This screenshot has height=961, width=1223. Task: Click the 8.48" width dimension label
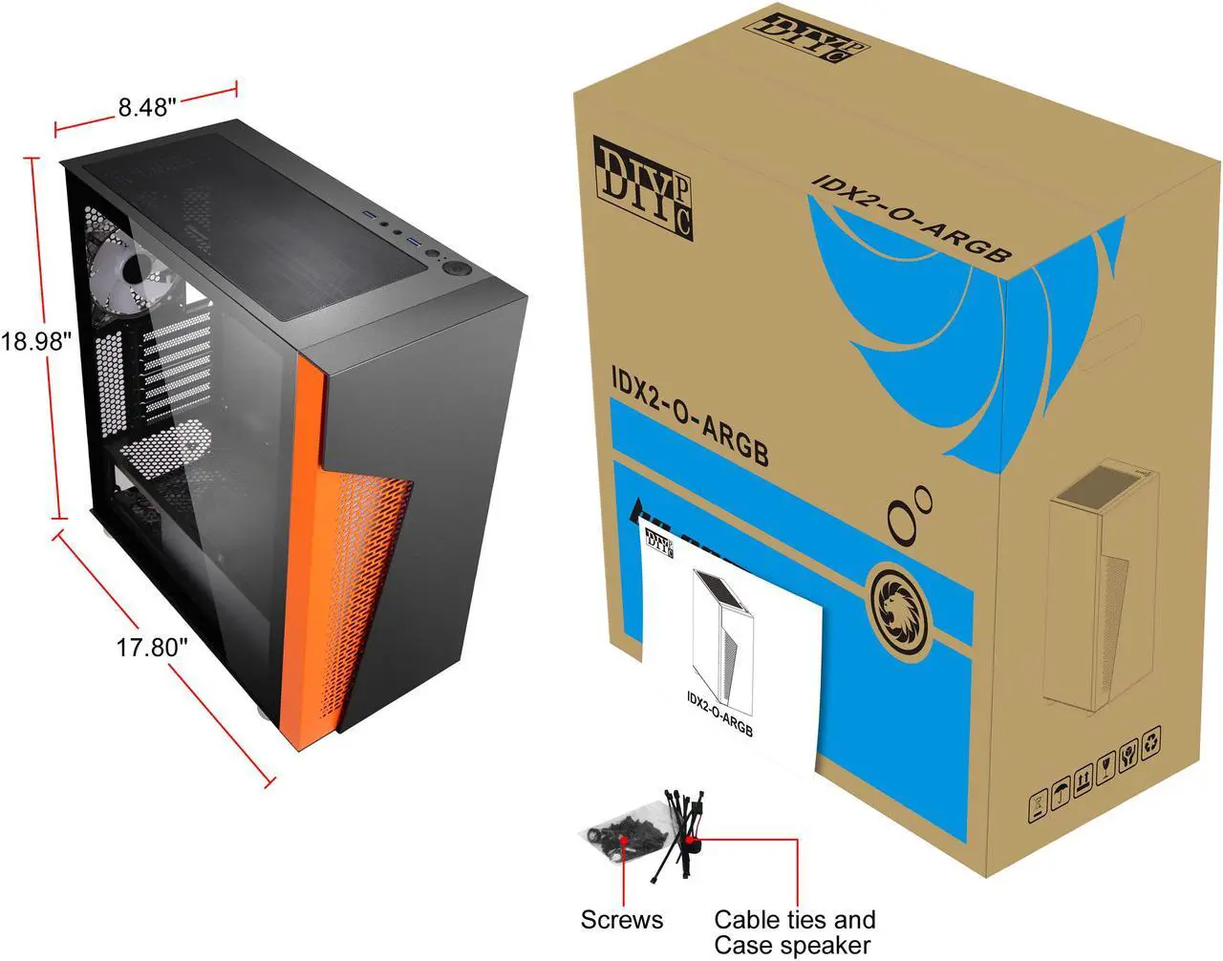[147, 106]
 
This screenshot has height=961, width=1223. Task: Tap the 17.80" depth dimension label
[152, 647]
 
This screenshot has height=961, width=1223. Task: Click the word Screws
[622, 920]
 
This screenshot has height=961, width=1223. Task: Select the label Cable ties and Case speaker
[795, 932]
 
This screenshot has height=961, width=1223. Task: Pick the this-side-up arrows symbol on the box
[1084, 779]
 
